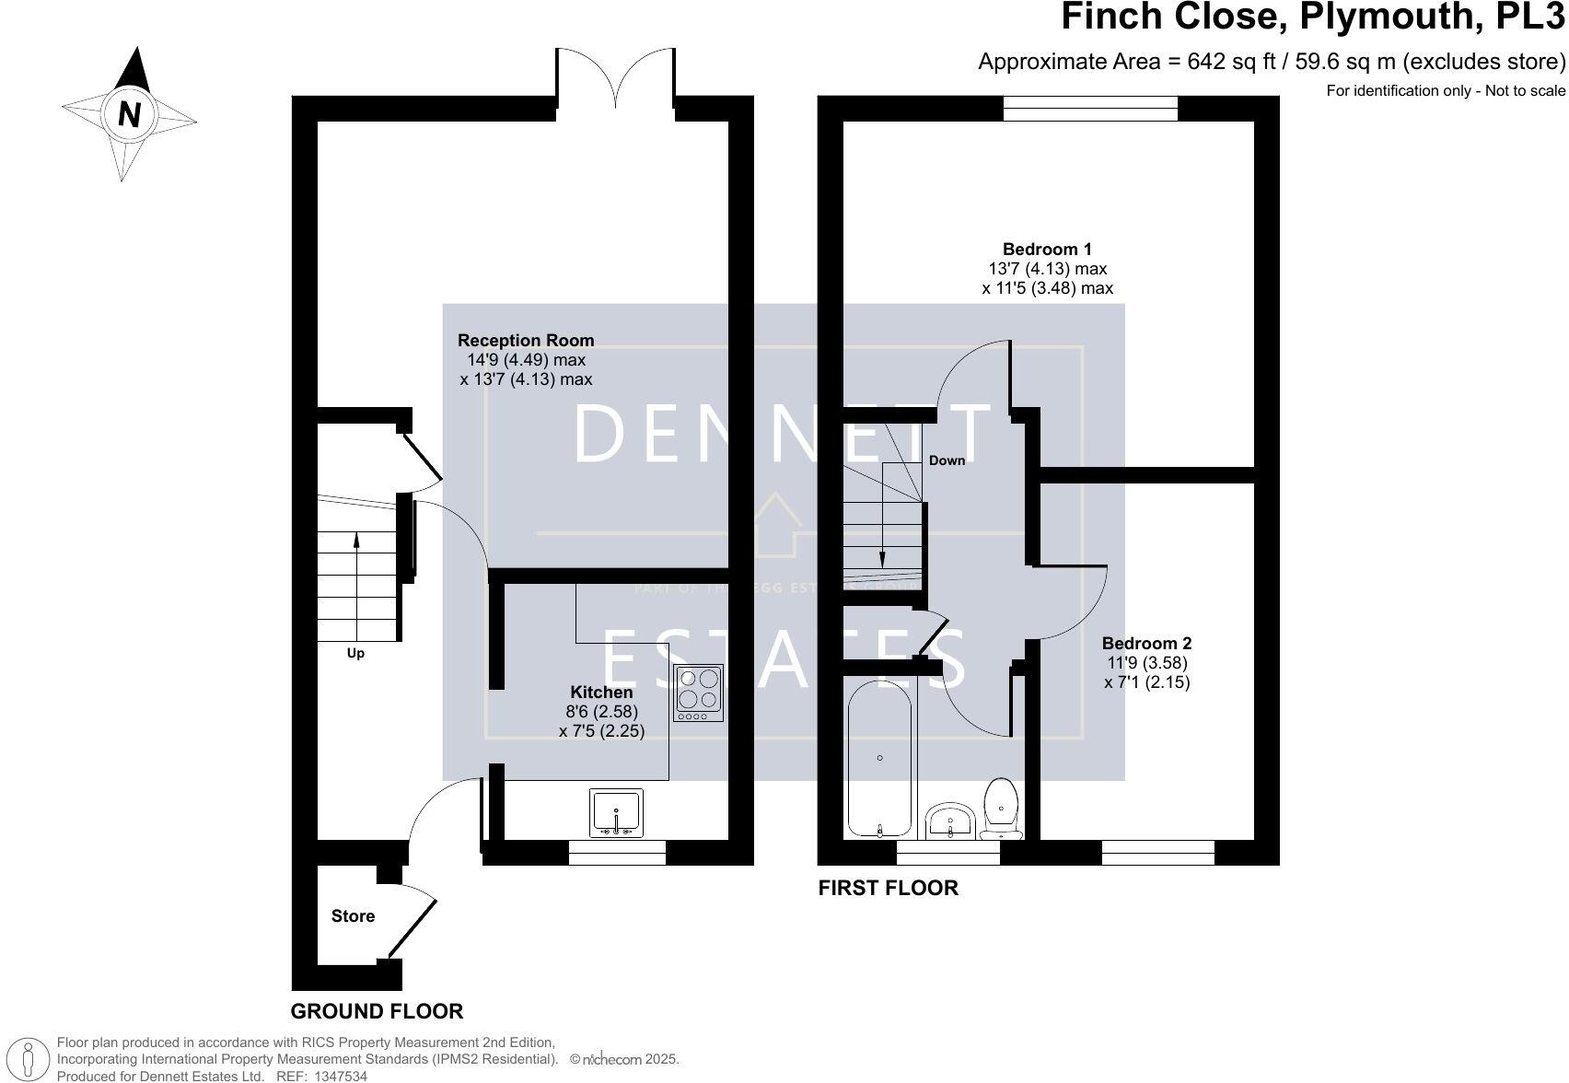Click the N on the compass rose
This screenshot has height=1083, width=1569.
[130, 114]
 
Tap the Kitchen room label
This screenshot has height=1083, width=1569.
[601, 693]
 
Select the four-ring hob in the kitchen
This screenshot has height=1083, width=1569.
[698, 693]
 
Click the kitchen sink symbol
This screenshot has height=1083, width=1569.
[617, 813]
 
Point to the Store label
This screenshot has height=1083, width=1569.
[353, 916]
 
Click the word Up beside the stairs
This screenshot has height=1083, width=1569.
[355, 654]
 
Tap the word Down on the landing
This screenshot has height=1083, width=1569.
[947, 460]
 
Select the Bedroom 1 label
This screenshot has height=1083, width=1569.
[1047, 249]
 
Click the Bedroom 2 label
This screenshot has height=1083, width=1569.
[1146, 644]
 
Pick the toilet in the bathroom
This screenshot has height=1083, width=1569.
[1001, 809]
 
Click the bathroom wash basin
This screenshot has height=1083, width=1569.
[950, 820]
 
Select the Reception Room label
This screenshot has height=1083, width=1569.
[526, 341]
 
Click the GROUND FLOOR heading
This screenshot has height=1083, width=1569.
[377, 1011]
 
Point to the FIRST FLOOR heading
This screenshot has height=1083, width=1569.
[888, 888]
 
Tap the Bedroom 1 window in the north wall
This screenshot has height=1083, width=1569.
[1090, 109]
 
